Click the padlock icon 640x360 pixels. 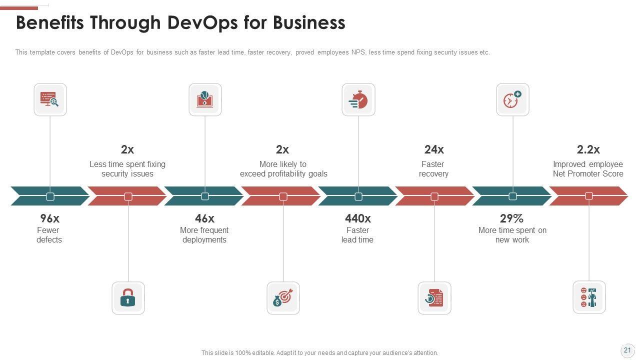point(128,298)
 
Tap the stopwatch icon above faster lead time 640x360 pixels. point(358,100)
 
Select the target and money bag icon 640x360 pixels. point(283,298)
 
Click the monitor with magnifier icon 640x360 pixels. point(50,100)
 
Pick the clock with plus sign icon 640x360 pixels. point(512,100)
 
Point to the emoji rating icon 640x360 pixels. point(589,297)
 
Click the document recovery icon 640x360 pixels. point(434,298)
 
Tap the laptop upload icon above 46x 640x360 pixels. point(205,100)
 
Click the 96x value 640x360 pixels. point(49,218)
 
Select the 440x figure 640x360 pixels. point(358,218)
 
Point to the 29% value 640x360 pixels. point(511,218)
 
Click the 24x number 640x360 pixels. point(434,149)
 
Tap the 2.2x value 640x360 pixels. point(588,149)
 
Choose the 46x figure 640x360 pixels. point(204,218)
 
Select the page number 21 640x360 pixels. point(627,350)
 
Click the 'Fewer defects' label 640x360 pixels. point(49,235)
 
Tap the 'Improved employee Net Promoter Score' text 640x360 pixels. point(588,169)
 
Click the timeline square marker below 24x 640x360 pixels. point(434,196)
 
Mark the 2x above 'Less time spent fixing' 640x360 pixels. point(127,149)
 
